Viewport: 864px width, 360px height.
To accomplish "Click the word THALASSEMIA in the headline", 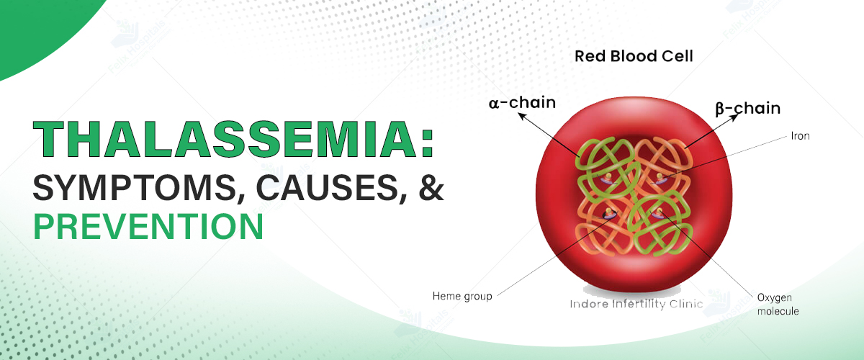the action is pos(225,139).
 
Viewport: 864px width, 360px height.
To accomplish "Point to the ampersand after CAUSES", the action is pos(431,187).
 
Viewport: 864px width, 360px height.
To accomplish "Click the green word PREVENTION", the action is pos(148,227).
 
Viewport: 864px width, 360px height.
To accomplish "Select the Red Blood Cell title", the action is pos(634,56).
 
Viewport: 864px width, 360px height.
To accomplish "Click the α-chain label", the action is pos(522,103).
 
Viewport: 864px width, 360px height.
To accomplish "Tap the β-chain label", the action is pos(748,109).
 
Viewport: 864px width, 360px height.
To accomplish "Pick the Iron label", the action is pos(800,136).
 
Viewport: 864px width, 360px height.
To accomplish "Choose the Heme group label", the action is pos(462,297).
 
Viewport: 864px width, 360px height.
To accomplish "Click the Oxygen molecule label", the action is pos(778,305).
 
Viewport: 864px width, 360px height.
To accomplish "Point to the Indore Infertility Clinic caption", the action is pos(636,304).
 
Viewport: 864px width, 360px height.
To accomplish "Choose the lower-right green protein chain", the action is pos(660,227).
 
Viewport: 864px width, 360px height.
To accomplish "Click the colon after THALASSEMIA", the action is pos(428,143).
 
